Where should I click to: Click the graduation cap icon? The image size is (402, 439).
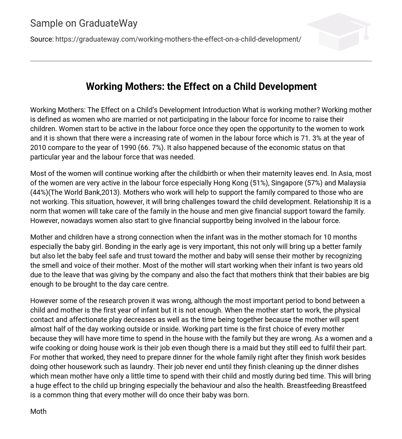click(x=339, y=31)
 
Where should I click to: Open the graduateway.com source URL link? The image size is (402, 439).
click(x=178, y=39)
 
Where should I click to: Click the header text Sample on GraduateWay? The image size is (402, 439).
click(x=84, y=24)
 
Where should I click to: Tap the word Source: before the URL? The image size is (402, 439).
click(x=42, y=39)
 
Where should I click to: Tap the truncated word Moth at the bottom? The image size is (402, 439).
click(x=38, y=412)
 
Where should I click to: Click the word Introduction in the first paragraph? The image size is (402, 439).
click(x=221, y=110)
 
